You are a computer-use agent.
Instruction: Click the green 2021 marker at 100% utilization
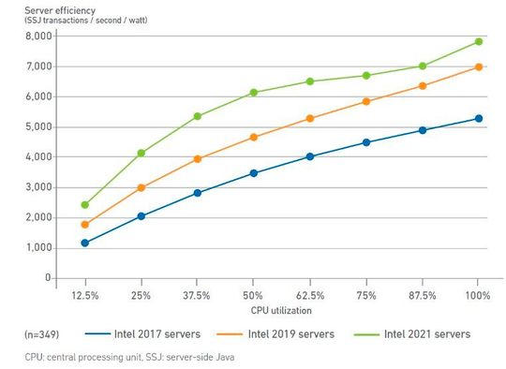tap(479, 41)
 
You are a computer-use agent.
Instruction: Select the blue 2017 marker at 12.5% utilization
tap(84, 243)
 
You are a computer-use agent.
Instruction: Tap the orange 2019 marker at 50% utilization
tap(253, 137)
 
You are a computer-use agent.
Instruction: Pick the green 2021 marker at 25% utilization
tap(141, 153)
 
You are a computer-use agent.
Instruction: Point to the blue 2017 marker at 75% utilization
tap(366, 142)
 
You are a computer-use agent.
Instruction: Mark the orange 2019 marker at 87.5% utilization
tap(423, 85)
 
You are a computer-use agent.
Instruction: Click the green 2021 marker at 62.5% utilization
tap(310, 81)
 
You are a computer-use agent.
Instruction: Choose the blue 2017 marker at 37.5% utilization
tap(197, 193)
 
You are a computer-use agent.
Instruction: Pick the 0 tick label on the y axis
tap(46, 278)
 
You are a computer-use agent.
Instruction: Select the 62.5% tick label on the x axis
tap(310, 295)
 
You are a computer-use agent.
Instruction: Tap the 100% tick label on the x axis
tap(479, 295)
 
